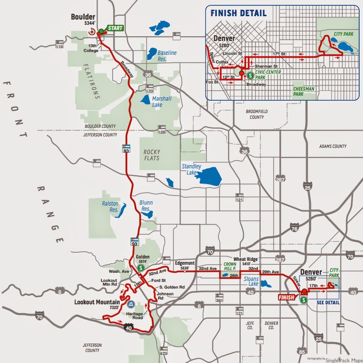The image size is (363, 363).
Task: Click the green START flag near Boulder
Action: (x=115, y=28)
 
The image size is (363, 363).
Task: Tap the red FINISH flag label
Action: (x=287, y=297)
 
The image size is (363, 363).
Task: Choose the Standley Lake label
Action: (x=192, y=169)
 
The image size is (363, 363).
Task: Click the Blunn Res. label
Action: (x=146, y=206)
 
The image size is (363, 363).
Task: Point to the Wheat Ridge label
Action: (x=246, y=259)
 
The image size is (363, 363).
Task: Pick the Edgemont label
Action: (x=185, y=263)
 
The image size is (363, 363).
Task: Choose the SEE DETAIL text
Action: (x=328, y=302)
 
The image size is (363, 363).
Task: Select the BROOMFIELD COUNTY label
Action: (x=255, y=114)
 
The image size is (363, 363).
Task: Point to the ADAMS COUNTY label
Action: (x=332, y=146)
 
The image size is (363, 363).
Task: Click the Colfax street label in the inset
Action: (x=222, y=62)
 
